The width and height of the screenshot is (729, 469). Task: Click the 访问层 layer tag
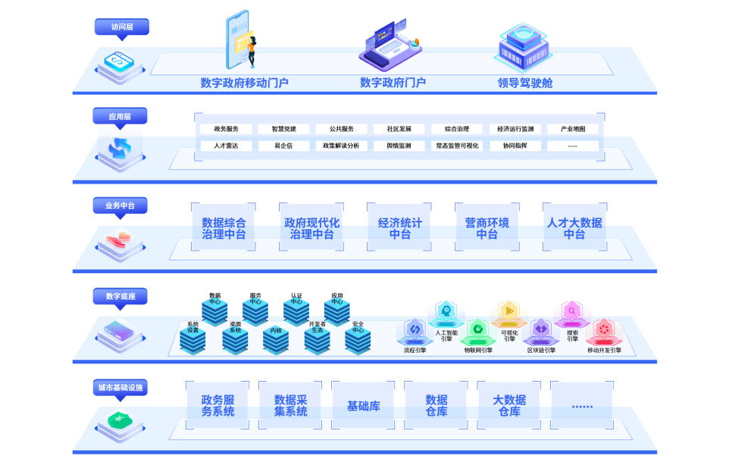(122, 27)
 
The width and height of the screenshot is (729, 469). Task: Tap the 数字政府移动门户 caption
(245, 83)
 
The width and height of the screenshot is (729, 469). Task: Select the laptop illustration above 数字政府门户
(390, 44)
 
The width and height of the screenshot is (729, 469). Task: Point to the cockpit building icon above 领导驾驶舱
(524, 46)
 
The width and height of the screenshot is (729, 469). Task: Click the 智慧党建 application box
(283, 129)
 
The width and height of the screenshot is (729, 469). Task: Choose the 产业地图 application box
(573, 129)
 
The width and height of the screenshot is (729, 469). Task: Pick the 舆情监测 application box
(399, 146)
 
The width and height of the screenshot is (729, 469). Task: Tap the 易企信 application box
(283, 146)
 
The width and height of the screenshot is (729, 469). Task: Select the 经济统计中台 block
(399, 227)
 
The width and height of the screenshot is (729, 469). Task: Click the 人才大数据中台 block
(574, 227)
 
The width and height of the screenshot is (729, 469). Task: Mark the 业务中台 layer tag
(120, 206)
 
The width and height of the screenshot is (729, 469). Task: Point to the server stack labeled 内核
(276, 340)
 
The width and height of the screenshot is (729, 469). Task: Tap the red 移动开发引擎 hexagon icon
(603, 330)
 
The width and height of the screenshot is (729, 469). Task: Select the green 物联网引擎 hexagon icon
(477, 330)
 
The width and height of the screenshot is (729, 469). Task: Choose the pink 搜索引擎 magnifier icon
(572, 312)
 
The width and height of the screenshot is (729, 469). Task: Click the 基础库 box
(363, 406)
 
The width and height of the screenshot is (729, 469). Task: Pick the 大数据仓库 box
(509, 406)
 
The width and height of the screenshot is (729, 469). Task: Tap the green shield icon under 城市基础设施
(120, 420)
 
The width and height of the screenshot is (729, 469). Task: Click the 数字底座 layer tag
(120, 296)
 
